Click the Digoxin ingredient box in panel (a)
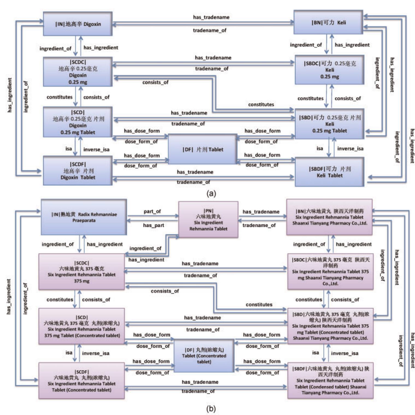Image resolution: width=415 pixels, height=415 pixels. click(x=78, y=24)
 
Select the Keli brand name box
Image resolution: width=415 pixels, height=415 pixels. click(x=328, y=22)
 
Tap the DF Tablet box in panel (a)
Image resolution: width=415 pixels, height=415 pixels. click(x=202, y=149)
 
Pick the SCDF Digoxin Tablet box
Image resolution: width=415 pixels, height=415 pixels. click(x=78, y=171)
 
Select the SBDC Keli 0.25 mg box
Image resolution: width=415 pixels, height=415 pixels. click(x=330, y=70)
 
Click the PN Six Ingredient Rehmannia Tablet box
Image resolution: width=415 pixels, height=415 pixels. click(x=208, y=220)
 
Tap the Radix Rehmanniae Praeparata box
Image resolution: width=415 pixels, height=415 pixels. click(x=84, y=217)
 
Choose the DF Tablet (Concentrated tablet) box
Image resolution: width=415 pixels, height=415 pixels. click(x=204, y=356)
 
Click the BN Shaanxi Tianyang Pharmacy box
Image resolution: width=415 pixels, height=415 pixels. click(x=330, y=217)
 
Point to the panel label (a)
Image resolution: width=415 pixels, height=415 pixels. click(x=211, y=194)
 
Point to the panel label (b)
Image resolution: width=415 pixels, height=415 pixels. click(x=211, y=409)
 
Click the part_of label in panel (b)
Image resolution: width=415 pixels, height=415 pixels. click(x=152, y=211)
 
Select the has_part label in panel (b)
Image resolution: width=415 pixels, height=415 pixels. click(x=153, y=225)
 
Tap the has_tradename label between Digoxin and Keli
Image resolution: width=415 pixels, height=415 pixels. click(x=211, y=17)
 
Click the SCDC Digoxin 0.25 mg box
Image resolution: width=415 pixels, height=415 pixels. click(x=78, y=72)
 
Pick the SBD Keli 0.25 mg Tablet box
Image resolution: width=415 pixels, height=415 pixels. click(x=330, y=124)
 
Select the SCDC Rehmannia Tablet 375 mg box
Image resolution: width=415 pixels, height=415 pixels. click(x=82, y=272)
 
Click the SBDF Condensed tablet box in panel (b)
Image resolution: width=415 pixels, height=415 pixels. click(x=330, y=381)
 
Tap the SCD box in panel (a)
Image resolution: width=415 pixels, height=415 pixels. click(x=78, y=122)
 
